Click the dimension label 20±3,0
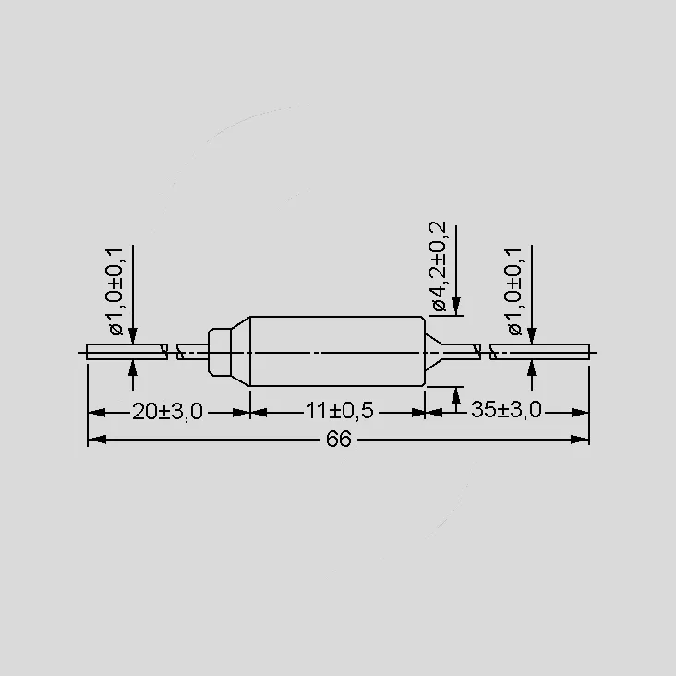coord(167,412)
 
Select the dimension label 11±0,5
coord(339,411)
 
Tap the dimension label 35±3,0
coord(506,409)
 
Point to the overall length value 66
coord(339,440)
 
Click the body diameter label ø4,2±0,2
coord(438,267)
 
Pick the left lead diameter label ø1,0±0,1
coord(115,292)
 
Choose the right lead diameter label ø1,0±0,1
coord(514,292)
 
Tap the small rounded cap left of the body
coord(220,352)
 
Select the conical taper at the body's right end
coord(434,352)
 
